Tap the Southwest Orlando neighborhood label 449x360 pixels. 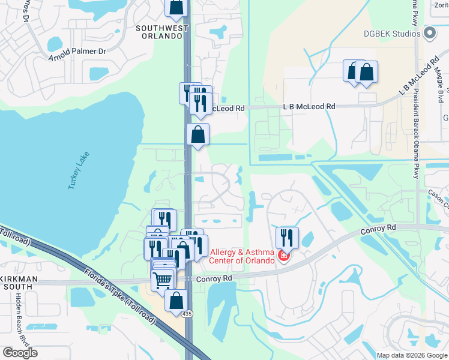[158, 32]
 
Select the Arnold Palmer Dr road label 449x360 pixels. [77, 52]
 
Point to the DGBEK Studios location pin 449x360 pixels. [429, 33]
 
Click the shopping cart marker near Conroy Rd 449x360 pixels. [162, 280]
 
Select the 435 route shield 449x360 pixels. [189, 315]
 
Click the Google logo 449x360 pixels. [20, 353]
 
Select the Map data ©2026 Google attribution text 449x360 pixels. [411, 355]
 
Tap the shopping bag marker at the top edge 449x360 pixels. [176, 7]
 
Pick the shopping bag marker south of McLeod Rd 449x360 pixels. [197, 135]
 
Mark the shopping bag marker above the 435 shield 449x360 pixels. [176, 301]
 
